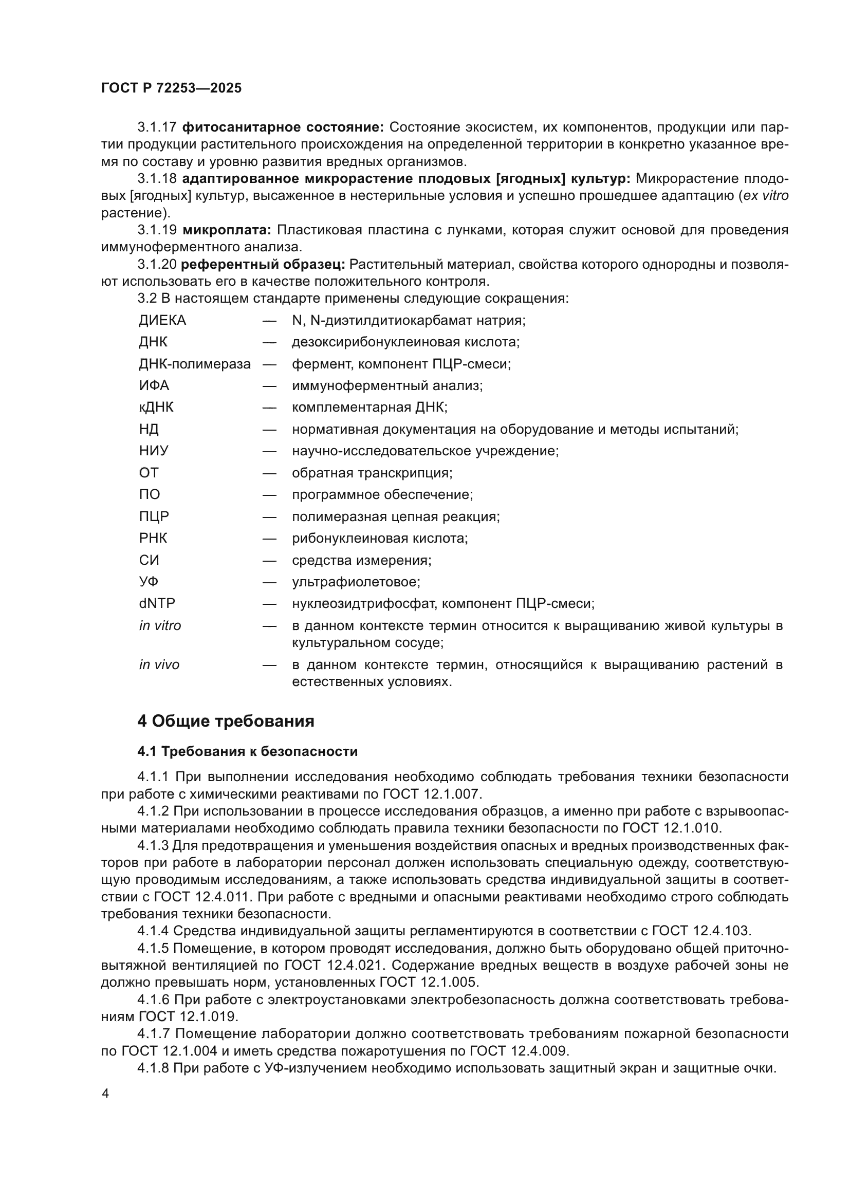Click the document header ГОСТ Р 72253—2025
coord(171,88)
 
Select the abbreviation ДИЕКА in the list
coord(162,320)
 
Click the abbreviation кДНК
coord(156,408)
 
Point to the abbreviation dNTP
coord(157,604)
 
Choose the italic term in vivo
coord(159,665)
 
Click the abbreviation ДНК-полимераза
coord(195,364)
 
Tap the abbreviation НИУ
coord(154,451)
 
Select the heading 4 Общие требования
coord(226,721)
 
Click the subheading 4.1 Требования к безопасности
coord(248,751)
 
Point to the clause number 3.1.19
coord(157,230)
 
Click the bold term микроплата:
coord(227,230)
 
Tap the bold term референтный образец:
coord(263,264)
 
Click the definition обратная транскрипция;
coord(372,473)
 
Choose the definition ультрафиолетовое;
coord(356,582)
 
